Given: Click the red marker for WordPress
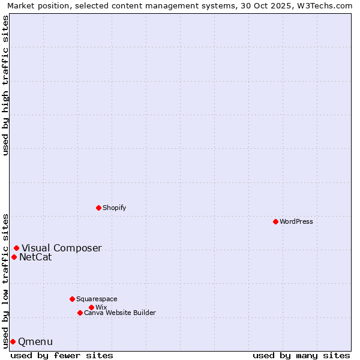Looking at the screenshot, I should [x=275, y=221].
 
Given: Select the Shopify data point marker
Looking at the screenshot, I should [x=98, y=208].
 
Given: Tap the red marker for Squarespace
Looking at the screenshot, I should [x=72, y=299].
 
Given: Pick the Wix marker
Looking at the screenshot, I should [x=91, y=307].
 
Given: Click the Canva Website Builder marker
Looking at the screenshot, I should [x=80, y=313].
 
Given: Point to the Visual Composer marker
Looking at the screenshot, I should [x=16, y=248].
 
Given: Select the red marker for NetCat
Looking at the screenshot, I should [x=14, y=257].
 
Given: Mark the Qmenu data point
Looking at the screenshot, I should [x=13, y=341].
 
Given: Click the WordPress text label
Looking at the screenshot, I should [x=296, y=221].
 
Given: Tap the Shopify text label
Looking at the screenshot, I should [x=114, y=208].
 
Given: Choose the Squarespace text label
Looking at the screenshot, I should [x=97, y=299].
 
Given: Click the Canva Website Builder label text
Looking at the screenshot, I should [x=120, y=313].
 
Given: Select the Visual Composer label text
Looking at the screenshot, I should [x=62, y=248].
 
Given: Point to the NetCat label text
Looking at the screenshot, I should [x=35, y=257].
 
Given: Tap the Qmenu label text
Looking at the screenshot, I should [x=35, y=342].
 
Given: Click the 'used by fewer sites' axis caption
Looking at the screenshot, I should [x=62, y=355].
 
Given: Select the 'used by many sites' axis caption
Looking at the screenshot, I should [x=301, y=355].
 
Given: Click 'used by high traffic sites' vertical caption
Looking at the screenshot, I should [x=5, y=85].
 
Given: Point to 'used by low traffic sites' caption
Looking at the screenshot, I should [x=5, y=280].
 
